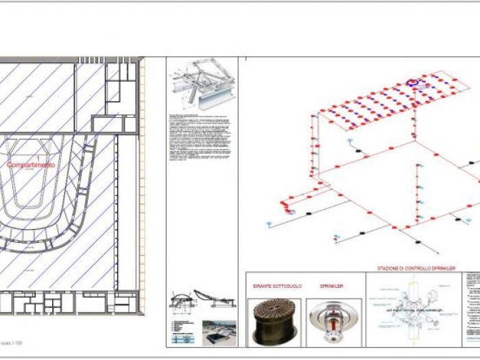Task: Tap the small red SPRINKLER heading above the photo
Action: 331,286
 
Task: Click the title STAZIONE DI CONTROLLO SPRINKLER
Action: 416,268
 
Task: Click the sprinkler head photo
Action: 332,321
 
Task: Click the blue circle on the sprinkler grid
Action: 413,83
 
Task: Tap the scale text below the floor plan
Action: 16,341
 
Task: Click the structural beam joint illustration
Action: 201,87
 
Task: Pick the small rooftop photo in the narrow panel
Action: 219,332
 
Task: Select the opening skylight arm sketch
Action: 217,300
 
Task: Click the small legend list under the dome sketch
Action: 183,329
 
